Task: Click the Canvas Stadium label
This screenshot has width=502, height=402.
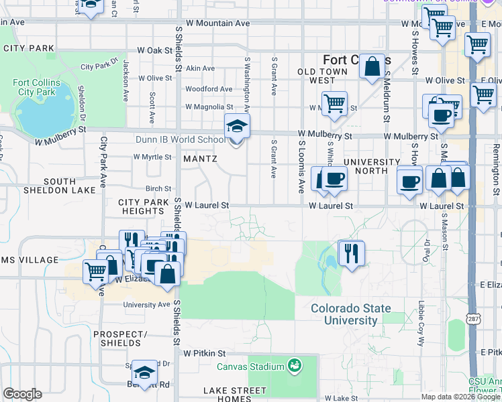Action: [250, 366]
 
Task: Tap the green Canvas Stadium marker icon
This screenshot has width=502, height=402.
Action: [293, 366]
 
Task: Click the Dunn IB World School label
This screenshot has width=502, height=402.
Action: [189, 140]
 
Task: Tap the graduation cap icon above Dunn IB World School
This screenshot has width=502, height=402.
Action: [236, 125]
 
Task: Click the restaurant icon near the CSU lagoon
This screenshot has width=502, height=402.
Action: [351, 253]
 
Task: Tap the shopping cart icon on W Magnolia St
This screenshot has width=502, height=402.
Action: [334, 104]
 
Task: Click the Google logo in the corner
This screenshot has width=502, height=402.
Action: [23, 393]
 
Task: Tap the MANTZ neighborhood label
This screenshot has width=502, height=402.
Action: [200, 159]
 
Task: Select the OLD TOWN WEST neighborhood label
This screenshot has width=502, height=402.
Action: [323, 76]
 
